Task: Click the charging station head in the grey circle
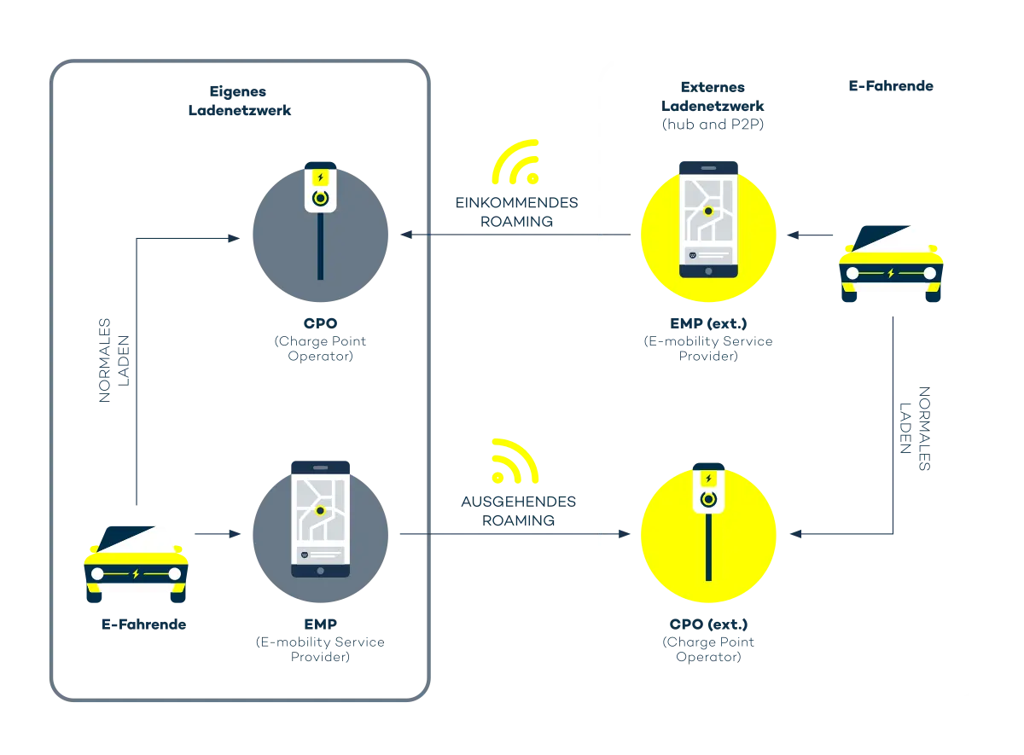[320, 186]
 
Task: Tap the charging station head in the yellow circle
[707, 490]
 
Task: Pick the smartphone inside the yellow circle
[708, 218]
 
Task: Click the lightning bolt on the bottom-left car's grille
[137, 574]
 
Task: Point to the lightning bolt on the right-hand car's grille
[892, 274]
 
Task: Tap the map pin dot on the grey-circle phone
[320, 511]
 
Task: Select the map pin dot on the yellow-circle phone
[707, 210]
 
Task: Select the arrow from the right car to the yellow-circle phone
[793, 233]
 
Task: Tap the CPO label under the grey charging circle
[320, 323]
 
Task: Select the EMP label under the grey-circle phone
[320, 624]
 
